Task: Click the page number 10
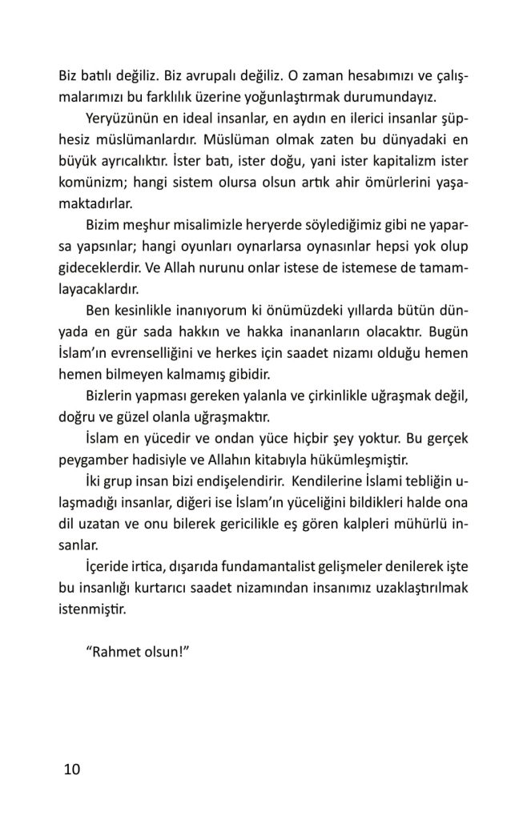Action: pyautogui.click(x=71, y=770)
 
